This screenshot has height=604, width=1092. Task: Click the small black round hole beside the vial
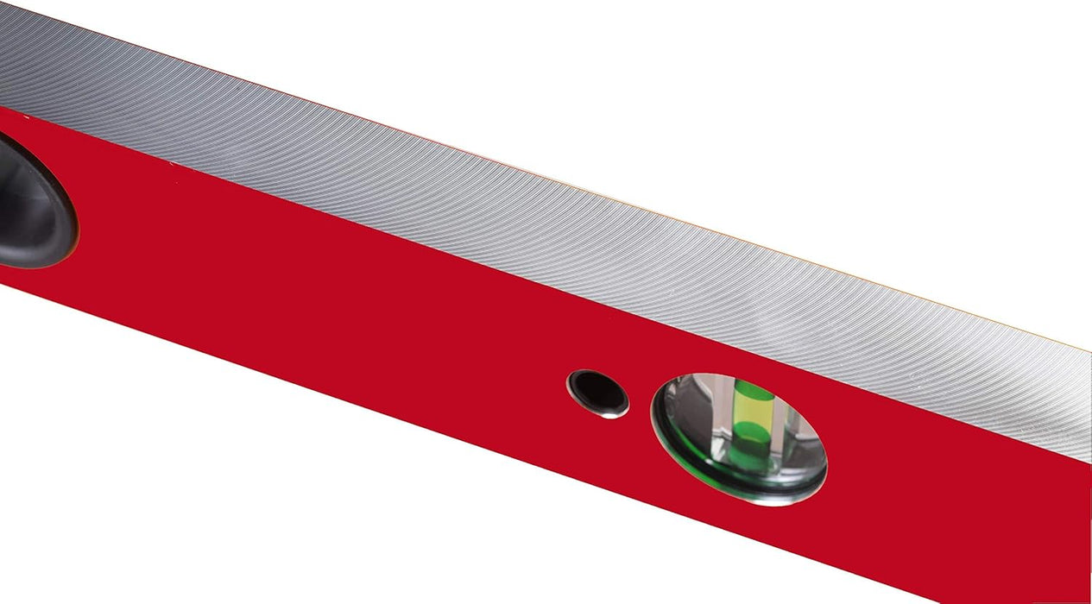(597, 392)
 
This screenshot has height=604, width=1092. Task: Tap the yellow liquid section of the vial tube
(751, 412)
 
